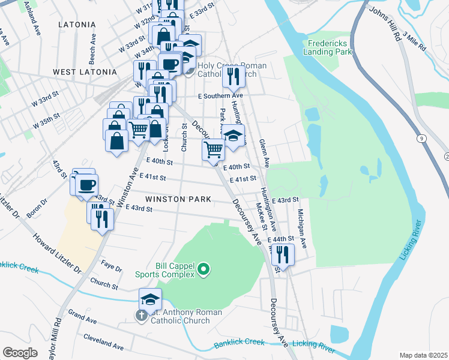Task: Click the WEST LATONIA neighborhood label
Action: pos(85,72)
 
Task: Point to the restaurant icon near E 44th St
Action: pos(283,254)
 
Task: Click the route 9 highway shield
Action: pos(423,139)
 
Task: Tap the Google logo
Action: pos(20,353)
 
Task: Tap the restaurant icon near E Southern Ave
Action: pos(232,76)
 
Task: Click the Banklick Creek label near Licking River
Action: pos(239,342)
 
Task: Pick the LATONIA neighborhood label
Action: pos(77,25)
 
